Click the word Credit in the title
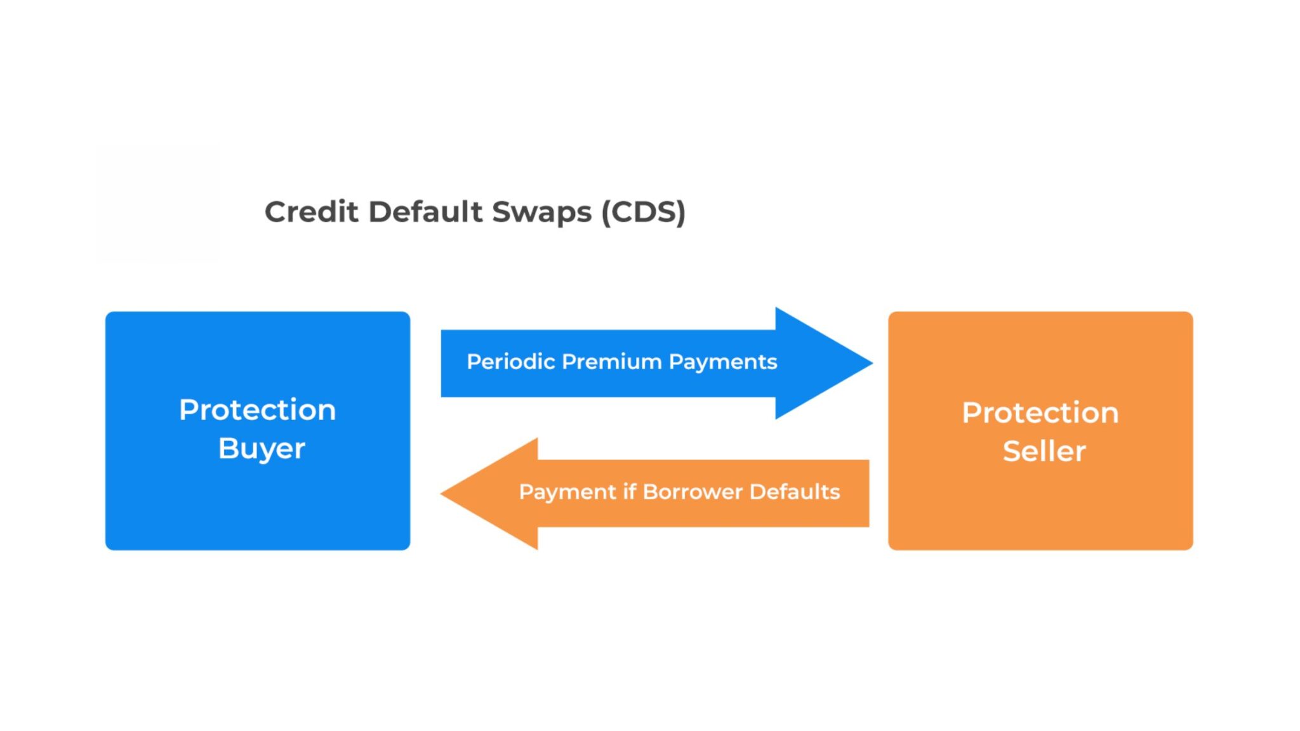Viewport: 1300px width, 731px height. pos(311,212)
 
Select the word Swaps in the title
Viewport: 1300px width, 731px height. pos(541,212)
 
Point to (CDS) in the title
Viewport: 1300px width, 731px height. pos(643,212)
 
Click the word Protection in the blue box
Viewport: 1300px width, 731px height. pos(257,410)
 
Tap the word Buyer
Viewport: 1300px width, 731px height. pos(262,449)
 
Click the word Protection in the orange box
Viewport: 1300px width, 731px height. pos(1040,413)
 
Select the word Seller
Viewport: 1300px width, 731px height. pos(1044,452)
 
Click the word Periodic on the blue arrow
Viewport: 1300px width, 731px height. pos(511,362)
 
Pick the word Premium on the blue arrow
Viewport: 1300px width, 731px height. pos(612,362)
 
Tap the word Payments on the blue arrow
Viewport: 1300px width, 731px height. pos(722,362)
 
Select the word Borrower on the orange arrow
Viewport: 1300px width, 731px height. pos(693,492)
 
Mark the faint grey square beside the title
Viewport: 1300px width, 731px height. pos(157,203)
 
